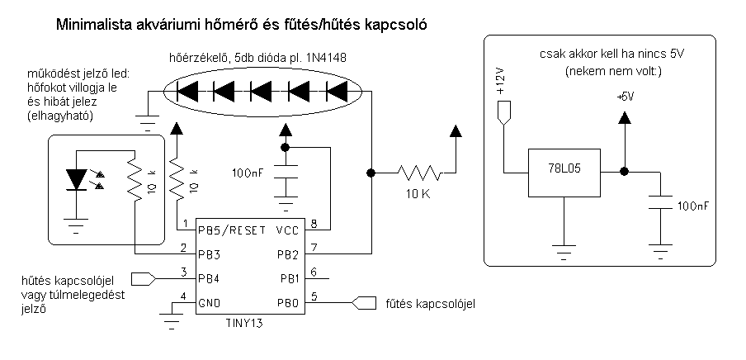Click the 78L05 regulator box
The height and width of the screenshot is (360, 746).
[564, 173]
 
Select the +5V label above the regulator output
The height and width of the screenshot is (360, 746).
[625, 97]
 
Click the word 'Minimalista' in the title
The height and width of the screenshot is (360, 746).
[93, 25]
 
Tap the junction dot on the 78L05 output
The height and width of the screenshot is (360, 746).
[625, 172]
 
